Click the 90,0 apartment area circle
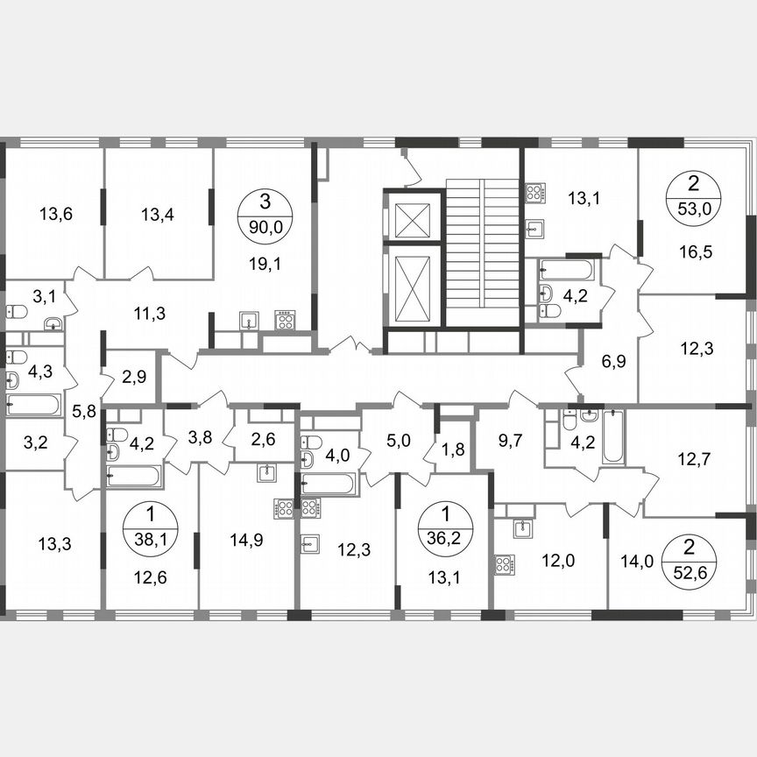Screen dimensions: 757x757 265,213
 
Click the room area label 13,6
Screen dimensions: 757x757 56,212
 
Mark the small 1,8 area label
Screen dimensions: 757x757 454,449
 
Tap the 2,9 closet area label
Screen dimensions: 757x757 134,378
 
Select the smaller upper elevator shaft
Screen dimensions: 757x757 412,219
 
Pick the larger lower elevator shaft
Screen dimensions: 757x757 412,287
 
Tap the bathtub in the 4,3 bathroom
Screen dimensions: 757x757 32,405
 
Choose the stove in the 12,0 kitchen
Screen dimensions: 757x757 504,564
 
